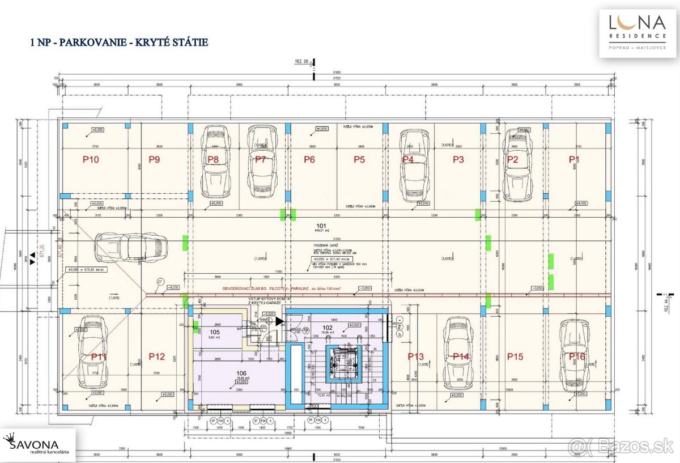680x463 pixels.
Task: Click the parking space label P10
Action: point(90,159)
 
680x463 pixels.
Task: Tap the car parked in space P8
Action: point(214,162)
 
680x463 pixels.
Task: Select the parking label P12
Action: point(156,356)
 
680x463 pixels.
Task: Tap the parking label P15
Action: point(515,356)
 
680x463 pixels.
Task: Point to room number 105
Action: point(214,332)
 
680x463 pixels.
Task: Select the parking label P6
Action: point(309,159)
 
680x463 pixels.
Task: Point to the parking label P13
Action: point(415,356)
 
